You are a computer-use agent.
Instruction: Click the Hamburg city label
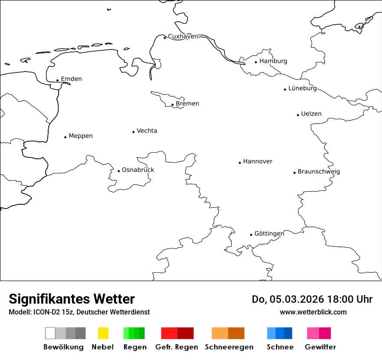[x=273, y=61]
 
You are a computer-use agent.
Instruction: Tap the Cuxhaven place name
[x=183, y=36]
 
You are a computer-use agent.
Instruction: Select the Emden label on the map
[x=71, y=79]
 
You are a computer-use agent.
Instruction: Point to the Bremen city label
[x=188, y=104]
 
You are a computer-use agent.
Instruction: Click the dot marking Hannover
[x=240, y=163]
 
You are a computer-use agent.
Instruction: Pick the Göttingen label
[x=269, y=234]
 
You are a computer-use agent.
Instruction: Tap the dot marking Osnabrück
[x=119, y=171]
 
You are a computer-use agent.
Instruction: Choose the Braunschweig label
[x=319, y=172]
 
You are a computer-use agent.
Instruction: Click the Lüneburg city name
[x=303, y=88]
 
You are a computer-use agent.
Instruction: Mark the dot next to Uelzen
[x=298, y=115]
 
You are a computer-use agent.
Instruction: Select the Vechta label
[x=147, y=131]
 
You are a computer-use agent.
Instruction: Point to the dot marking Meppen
[x=65, y=137]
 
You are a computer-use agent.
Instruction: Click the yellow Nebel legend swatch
[x=103, y=333]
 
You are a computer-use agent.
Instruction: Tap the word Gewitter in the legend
[x=320, y=347]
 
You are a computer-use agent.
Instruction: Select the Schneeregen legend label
[x=229, y=347]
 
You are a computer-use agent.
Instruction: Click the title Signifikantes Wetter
[x=72, y=299]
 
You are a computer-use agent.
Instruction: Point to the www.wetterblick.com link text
[x=313, y=312]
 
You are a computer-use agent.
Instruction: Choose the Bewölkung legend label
[x=63, y=347]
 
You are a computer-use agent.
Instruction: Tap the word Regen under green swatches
[x=135, y=347]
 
